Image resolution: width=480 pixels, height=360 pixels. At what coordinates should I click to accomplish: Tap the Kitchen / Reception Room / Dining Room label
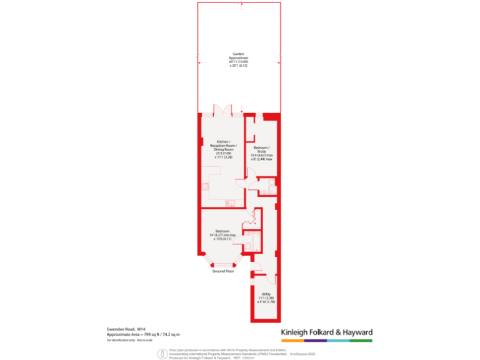pos(224,146)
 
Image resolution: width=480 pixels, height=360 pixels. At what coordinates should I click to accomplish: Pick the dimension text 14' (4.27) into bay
pos(222,235)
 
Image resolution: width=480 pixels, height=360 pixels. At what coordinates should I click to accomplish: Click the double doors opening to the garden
pos(222,111)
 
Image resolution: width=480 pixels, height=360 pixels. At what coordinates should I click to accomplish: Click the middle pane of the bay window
pos(223,265)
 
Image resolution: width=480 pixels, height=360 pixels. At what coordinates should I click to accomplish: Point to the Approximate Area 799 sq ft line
pos(143,334)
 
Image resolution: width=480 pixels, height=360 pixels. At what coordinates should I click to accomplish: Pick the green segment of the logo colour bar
pos(361,341)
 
